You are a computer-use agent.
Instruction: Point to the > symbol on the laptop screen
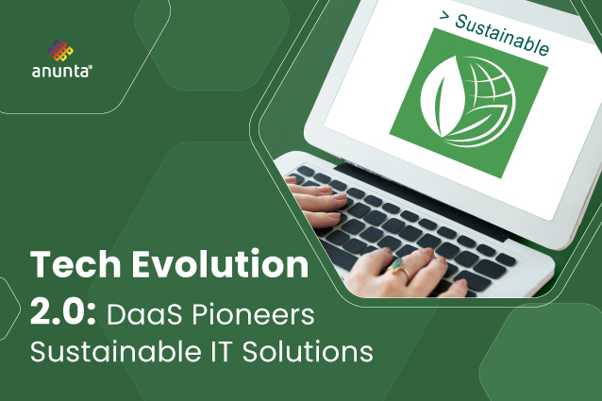pos(444,15)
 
